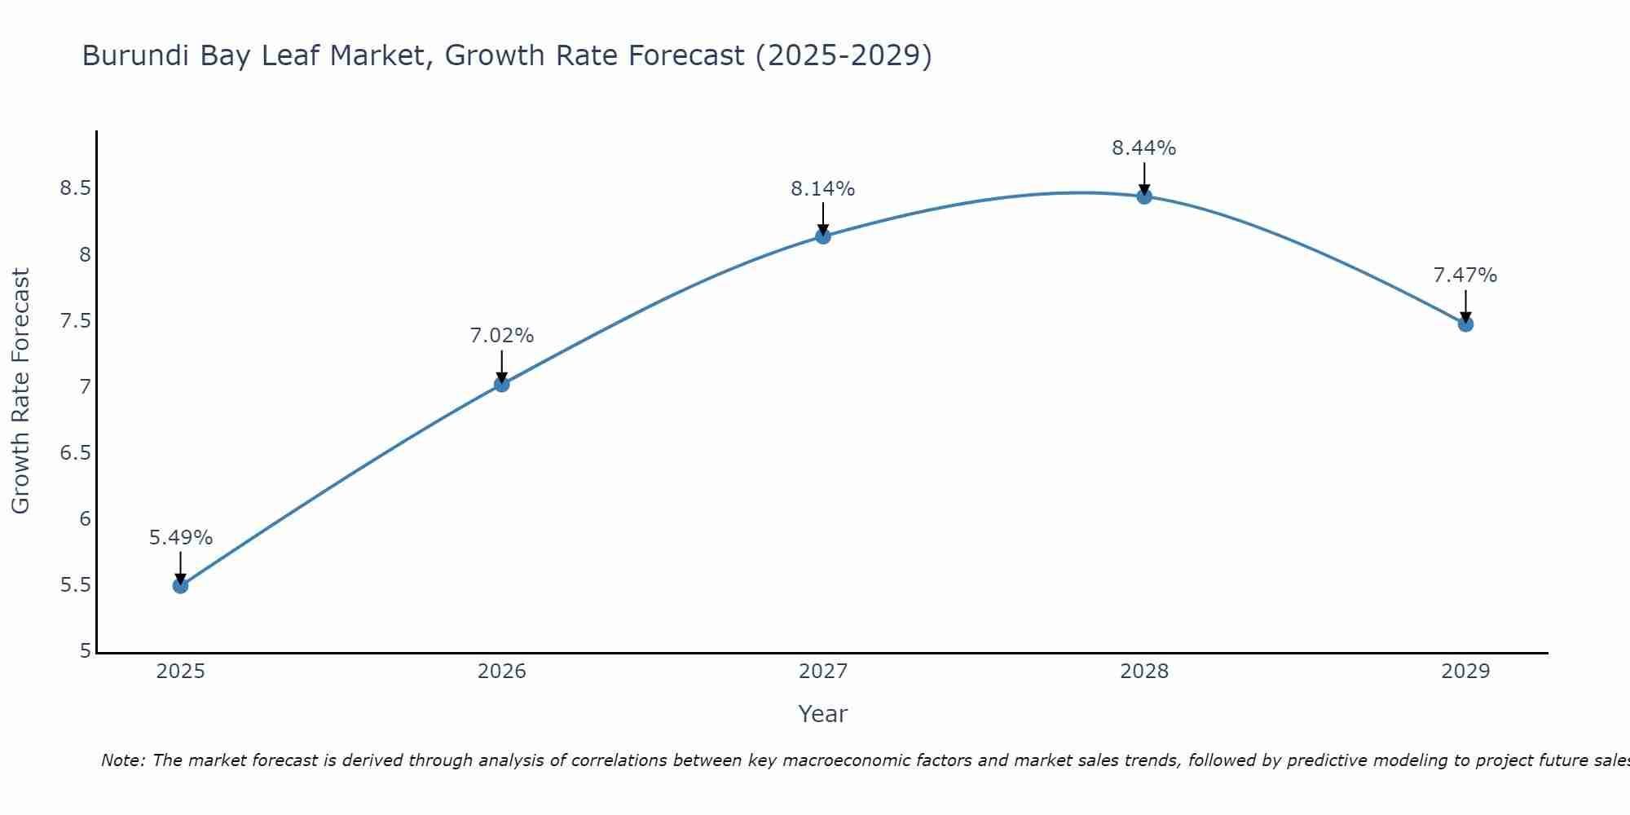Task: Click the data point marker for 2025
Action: click(x=181, y=585)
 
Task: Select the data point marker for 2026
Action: click(x=502, y=384)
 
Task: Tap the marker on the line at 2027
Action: click(x=823, y=236)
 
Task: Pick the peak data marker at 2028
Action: click(x=1144, y=196)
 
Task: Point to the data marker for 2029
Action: click(x=1465, y=324)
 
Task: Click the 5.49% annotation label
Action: click(x=181, y=538)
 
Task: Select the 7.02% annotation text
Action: click(x=502, y=336)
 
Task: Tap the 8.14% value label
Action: click(x=823, y=189)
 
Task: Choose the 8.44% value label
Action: click(x=1144, y=148)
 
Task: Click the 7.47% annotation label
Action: click(x=1465, y=275)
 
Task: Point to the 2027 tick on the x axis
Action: click(x=823, y=672)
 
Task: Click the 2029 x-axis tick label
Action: click(x=1465, y=672)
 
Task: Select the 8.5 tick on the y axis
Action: click(x=75, y=189)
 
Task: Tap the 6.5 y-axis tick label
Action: click(x=75, y=453)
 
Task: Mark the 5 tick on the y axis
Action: click(x=86, y=651)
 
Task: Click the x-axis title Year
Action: click(x=823, y=714)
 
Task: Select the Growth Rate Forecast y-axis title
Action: click(x=21, y=391)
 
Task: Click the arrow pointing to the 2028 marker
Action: click(x=1144, y=178)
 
